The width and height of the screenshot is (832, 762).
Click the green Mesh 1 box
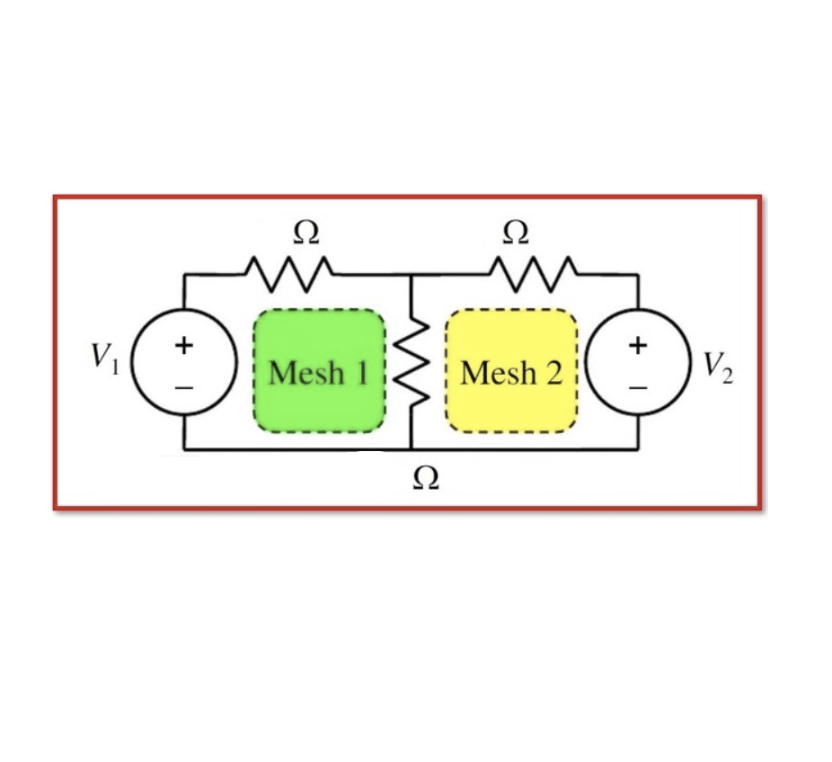click(x=320, y=370)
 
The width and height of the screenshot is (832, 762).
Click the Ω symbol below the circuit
click(x=426, y=478)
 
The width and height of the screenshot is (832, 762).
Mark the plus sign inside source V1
click(x=183, y=345)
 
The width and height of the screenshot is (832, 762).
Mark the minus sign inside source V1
click(x=183, y=388)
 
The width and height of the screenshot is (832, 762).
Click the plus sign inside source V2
click(x=638, y=345)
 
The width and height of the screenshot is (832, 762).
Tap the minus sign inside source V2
click(x=638, y=388)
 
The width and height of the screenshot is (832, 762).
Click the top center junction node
click(x=411, y=274)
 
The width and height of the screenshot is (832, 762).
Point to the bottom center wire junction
click(x=411, y=448)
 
